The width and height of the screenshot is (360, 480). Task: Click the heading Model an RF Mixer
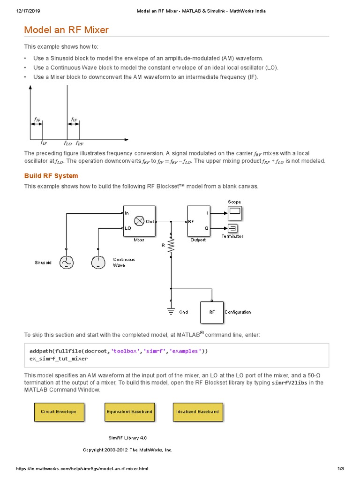(x=66, y=30)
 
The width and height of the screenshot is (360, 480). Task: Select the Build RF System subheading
(x=51, y=176)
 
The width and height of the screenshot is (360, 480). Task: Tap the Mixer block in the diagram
(x=139, y=221)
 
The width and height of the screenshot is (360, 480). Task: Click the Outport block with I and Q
(x=198, y=221)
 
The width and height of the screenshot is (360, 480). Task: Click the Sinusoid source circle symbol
(x=66, y=262)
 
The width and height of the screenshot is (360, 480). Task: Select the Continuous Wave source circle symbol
(x=98, y=262)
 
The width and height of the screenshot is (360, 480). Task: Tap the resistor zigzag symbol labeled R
(x=171, y=245)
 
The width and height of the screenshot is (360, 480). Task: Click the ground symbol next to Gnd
(x=171, y=311)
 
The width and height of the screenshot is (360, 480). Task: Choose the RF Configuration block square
(x=212, y=312)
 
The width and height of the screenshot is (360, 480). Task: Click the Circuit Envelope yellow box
(x=55, y=412)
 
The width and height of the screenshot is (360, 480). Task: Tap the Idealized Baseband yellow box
(x=197, y=412)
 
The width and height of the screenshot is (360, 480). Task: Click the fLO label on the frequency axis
(x=67, y=143)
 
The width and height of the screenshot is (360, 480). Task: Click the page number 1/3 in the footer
(x=341, y=469)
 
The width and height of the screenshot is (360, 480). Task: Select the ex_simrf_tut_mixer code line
(x=59, y=359)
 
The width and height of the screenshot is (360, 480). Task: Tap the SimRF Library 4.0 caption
(x=127, y=438)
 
